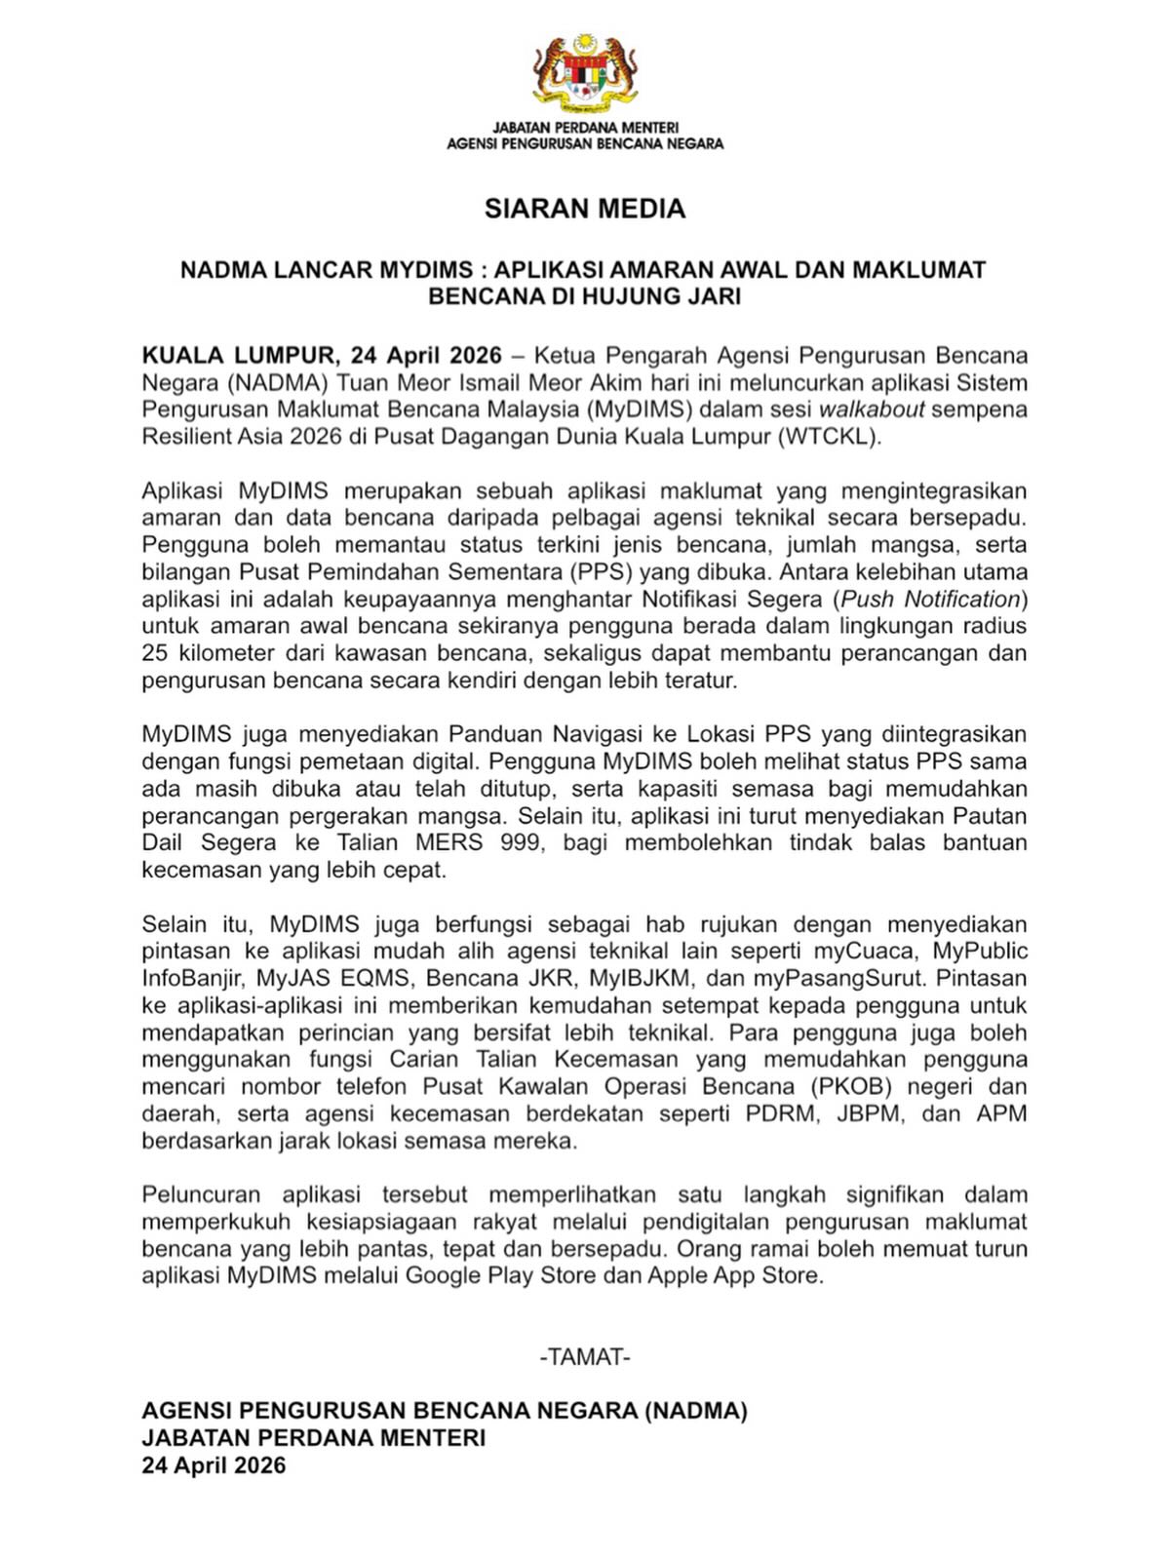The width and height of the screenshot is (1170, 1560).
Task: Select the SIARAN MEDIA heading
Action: pos(585,209)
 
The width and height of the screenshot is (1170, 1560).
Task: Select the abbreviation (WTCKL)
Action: pos(829,437)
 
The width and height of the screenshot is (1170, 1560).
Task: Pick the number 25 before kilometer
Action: pos(155,653)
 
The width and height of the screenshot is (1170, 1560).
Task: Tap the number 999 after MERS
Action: pos(520,842)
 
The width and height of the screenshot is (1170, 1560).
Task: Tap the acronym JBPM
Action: pos(871,1113)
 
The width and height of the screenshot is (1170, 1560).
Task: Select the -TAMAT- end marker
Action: pos(585,1357)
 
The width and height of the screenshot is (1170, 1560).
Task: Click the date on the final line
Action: pos(214,1465)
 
